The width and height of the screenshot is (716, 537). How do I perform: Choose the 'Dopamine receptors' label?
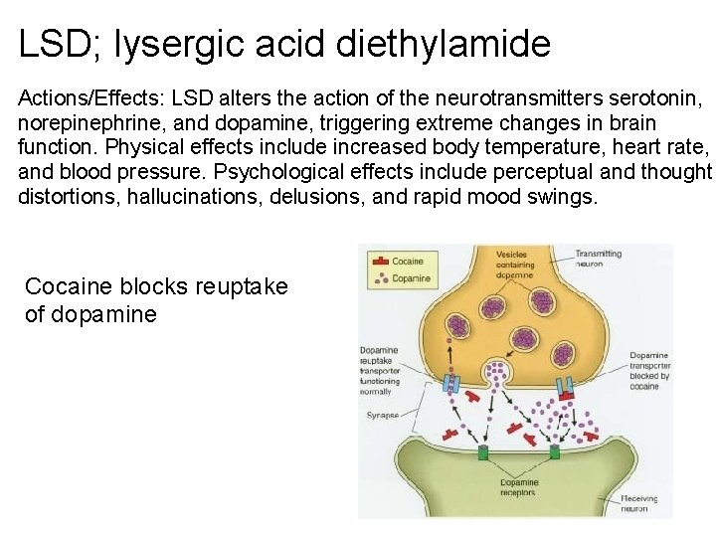[x=518, y=487]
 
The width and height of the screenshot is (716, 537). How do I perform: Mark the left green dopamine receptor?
[x=482, y=451]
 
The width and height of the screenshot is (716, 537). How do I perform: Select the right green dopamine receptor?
[x=554, y=451]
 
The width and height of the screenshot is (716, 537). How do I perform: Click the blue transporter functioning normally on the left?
[x=449, y=384]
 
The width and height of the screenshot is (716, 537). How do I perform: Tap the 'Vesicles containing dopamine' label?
[x=515, y=265]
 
